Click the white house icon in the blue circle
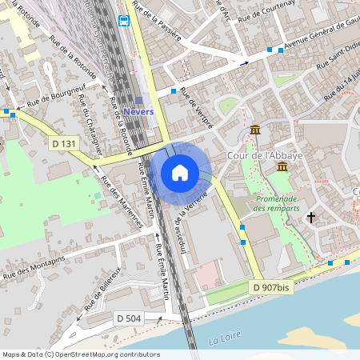click(180, 173)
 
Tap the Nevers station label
click(138, 111)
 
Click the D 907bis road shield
click(269, 287)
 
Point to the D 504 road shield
click(127, 318)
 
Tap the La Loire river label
click(225, 341)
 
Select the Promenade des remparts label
click(276, 203)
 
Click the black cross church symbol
click(311, 217)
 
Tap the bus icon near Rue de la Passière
click(124, 21)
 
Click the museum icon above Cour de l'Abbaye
click(255, 130)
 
